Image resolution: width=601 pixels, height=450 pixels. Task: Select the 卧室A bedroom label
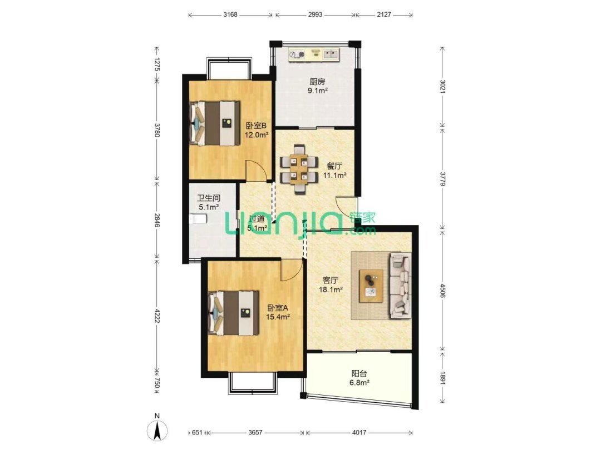click(278, 308)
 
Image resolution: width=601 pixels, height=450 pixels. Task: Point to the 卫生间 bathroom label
click(208, 197)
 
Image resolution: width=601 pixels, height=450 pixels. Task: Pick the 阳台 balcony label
click(359, 374)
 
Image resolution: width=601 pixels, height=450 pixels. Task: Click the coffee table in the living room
click(371, 285)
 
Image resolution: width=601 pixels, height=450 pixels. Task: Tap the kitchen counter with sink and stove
click(313, 54)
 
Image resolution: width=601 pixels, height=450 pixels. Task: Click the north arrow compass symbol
click(158, 428)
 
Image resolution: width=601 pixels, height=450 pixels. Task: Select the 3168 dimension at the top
click(230, 15)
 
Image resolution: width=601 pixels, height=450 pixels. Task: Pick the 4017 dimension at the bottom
click(358, 433)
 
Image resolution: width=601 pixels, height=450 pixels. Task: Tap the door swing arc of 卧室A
click(291, 271)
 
